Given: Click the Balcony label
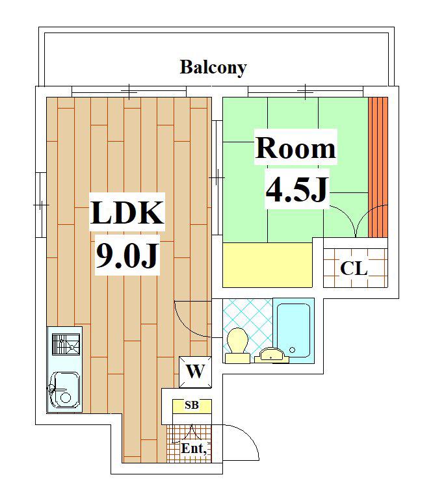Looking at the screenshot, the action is point(213,67).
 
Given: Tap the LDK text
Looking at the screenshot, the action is point(127,213).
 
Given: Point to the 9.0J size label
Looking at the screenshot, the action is point(126,255).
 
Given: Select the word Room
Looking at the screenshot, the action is point(295,148).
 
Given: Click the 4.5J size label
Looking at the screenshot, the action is point(296,189).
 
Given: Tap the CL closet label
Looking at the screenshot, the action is point(354,268).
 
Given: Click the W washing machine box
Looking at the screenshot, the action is point(195,372).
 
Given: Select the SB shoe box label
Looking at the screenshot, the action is point(192,405).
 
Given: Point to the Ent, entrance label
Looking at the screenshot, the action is point(194,448).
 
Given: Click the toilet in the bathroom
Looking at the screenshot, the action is point(237,345).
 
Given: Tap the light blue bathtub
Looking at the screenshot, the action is point(293,330).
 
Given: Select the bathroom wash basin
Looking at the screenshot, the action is point(271,356).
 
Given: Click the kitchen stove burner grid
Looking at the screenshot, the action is point(66,344).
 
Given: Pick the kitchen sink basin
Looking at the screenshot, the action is point(65,391).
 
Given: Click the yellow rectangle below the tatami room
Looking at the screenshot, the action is point(267,265).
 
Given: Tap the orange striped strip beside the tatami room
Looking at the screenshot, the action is point(378,167).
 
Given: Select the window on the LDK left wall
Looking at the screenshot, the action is point(40,205).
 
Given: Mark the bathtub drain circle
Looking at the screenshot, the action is point(292,350).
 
